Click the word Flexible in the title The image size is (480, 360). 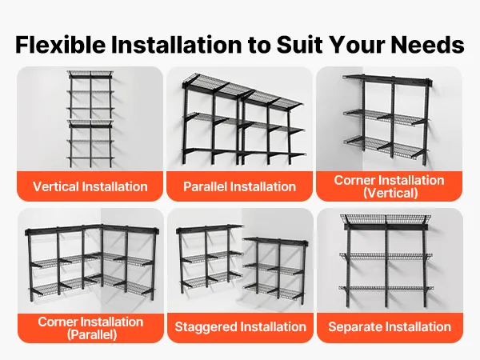coord(61,45)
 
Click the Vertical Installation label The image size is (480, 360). coord(90,186)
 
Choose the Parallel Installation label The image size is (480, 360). coord(239,186)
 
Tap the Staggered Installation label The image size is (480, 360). coord(240,326)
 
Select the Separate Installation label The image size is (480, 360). coord(390,326)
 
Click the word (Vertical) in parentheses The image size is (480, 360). coord(390,193)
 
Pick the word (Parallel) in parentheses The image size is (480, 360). coord(92,334)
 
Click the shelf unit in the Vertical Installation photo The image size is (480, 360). coord(90,119)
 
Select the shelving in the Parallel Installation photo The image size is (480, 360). coord(243,119)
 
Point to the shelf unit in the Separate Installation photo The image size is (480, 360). coord(386,261)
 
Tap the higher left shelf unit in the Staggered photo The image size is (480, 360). coord(210,257)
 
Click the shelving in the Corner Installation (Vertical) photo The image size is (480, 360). coord(388,119)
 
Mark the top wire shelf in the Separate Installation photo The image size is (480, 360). coord(386,220)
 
